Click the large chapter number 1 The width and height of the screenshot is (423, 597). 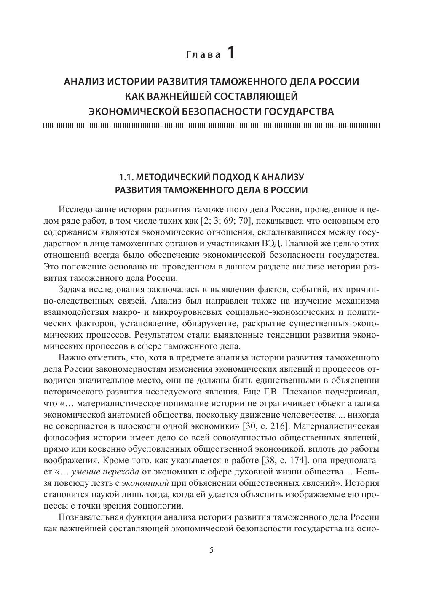tap(231, 53)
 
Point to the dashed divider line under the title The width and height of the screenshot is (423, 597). tap(211, 125)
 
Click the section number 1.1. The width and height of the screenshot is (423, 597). tap(127, 176)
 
